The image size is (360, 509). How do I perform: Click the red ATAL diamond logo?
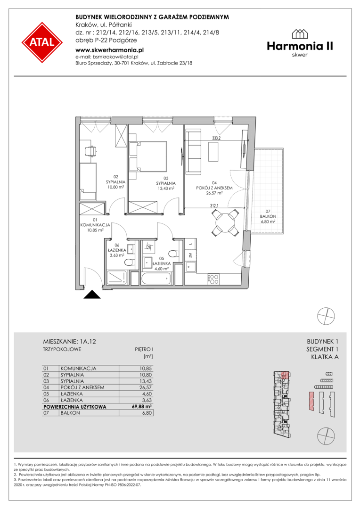coord(42,42)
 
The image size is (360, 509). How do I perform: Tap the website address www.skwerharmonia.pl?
coord(109,50)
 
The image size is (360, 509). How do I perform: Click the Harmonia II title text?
coord(300,46)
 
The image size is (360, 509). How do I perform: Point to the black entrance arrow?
coord(92,295)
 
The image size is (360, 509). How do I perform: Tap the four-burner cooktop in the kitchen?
coord(213,279)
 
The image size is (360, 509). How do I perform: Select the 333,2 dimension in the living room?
coord(217,138)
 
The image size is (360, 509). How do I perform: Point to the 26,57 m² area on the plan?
coord(214,193)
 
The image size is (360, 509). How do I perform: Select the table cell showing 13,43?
coord(146,381)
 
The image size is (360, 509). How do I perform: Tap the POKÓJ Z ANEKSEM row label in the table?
coord(82,387)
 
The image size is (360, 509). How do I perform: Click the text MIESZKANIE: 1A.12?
coord(69,342)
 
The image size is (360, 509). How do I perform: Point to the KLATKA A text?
coord(325,357)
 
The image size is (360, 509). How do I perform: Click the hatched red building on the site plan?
coord(311,402)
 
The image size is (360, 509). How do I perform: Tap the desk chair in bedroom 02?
coord(90,151)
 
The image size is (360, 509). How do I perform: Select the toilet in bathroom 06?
coord(130,263)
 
